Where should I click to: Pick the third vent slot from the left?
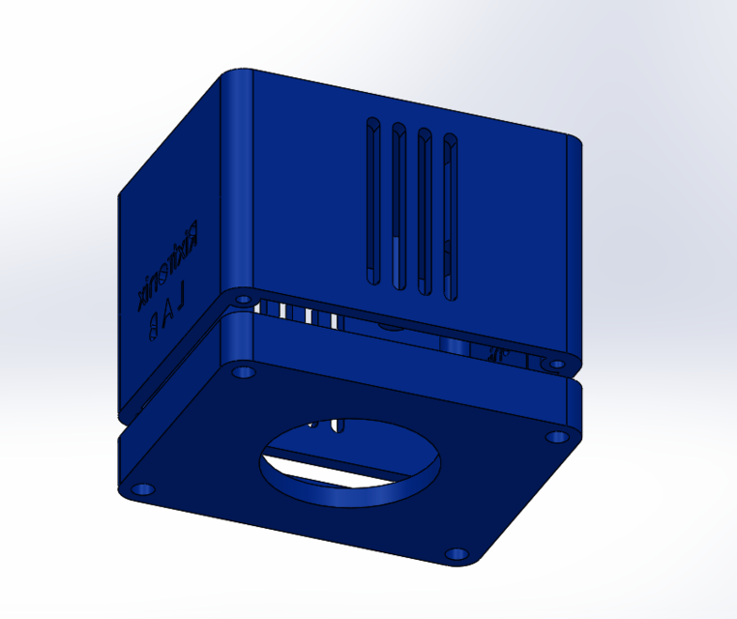(x=423, y=210)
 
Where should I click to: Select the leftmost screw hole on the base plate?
(x=142, y=490)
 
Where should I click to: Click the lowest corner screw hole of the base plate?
(x=455, y=556)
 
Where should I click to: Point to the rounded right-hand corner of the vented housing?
(x=574, y=251)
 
